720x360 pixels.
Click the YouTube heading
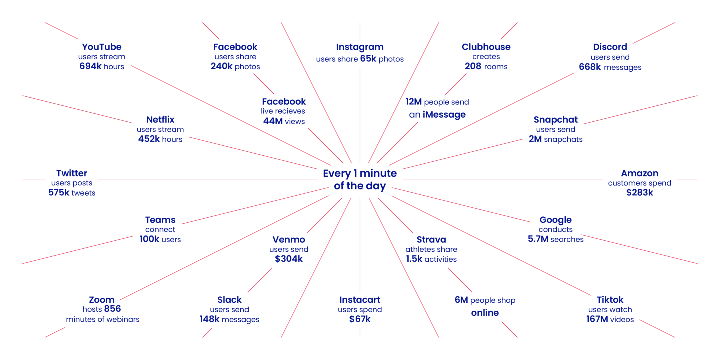pyautogui.click(x=102, y=47)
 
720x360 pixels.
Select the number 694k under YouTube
pyautogui.click(x=90, y=66)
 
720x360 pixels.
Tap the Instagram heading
pyautogui.click(x=360, y=47)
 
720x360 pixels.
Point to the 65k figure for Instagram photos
pyautogui.click(x=368, y=59)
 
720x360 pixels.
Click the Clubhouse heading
pyautogui.click(x=486, y=47)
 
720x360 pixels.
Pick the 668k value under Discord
pyautogui.click(x=590, y=67)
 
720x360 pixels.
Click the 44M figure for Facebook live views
pyautogui.click(x=273, y=121)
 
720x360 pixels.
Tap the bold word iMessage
pyautogui.click(x=444, y=114)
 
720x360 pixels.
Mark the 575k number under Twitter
pyautogui.click(x=59, y=192)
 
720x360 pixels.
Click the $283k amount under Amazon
pyautogui.click(x=639, y=192)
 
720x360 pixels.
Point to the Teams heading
pyautogui.click(x=160, y=220)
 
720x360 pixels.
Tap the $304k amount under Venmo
pyautogui.click(x=289, y=259)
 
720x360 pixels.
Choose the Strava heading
pyautogui.click(x=431, y=239)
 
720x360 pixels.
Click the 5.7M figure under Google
pyautogui.click(x=538, y=239)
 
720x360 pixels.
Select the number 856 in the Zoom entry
pyautogui.click(x=113, y=308)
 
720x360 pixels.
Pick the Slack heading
pyautogui.click(x=229, y=300)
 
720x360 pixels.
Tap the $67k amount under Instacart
pyautogui.click(x=360, y=319)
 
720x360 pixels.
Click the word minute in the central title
pyautogui.click(x=378, y=173)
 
